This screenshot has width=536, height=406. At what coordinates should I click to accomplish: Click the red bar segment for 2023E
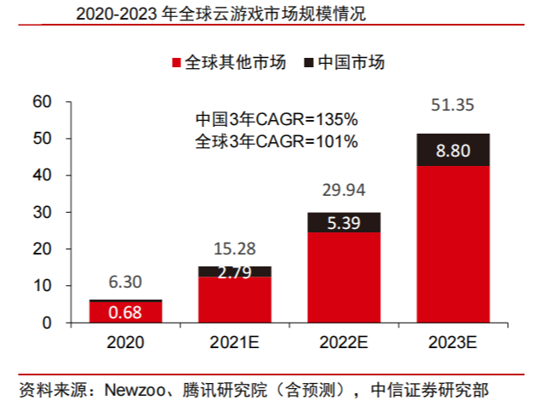tap(453, 244)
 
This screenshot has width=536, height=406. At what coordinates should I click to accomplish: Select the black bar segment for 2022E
tap(345, 222)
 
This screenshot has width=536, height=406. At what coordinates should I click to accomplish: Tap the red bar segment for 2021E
tap(235, 300)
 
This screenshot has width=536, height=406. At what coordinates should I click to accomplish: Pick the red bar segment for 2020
tap(126, 312)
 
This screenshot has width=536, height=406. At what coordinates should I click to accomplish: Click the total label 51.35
tap(453, 106)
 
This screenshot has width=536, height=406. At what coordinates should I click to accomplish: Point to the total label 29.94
tap(345, 189)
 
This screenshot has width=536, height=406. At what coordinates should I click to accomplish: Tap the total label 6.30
tap(126, 282)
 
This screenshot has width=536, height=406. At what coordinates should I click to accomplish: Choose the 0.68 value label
tap(126, 312)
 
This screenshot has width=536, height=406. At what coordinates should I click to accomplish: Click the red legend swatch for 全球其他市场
tap(177, 63)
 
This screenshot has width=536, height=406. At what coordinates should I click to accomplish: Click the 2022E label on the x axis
tap(345, 342)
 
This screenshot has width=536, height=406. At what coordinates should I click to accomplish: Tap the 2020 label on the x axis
tap(126, 342)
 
